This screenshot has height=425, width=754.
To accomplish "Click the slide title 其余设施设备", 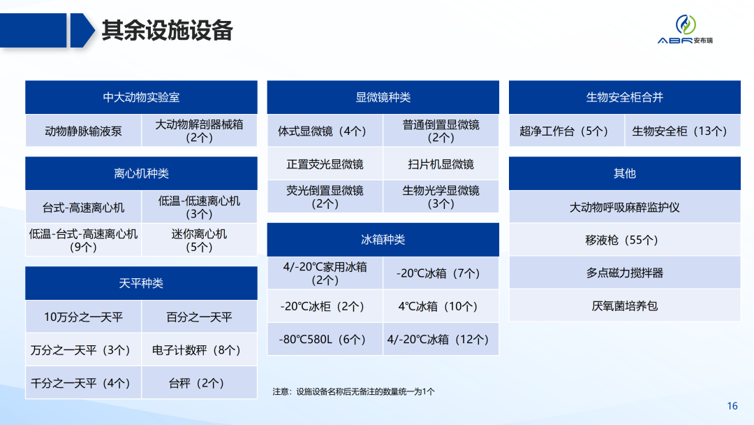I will click(167, 31).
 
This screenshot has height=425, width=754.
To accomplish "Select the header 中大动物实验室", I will click(141, 97).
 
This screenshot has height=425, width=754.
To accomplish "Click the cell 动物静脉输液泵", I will click(83, 131).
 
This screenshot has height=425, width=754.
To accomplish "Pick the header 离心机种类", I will click(141, 173).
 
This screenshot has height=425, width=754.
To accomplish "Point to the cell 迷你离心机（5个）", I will click(199, 240).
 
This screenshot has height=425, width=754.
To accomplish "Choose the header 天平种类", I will click(141, 283).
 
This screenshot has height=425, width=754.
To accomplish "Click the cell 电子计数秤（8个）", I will click(199, 350).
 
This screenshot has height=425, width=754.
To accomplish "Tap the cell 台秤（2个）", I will click(199, 383).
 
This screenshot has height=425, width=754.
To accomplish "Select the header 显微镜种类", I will click(383, 97).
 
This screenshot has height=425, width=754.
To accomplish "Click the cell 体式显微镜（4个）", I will click(325, 131).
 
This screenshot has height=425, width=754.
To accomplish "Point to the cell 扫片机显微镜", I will click(441, 164).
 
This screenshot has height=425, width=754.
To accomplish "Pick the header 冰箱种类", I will click(383, 239).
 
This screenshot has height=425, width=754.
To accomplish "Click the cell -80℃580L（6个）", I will click(325, 340).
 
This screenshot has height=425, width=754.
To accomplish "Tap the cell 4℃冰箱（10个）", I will click(441, 306).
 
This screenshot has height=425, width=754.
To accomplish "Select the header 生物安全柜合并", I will click(624, 97).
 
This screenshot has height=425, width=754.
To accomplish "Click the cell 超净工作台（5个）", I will click(566, 131).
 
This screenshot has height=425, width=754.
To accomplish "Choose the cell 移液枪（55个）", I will click(624, 240).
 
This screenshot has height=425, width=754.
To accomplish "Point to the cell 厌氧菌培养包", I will click(624, 305).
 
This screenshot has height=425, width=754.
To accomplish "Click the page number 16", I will click(732, 407).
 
